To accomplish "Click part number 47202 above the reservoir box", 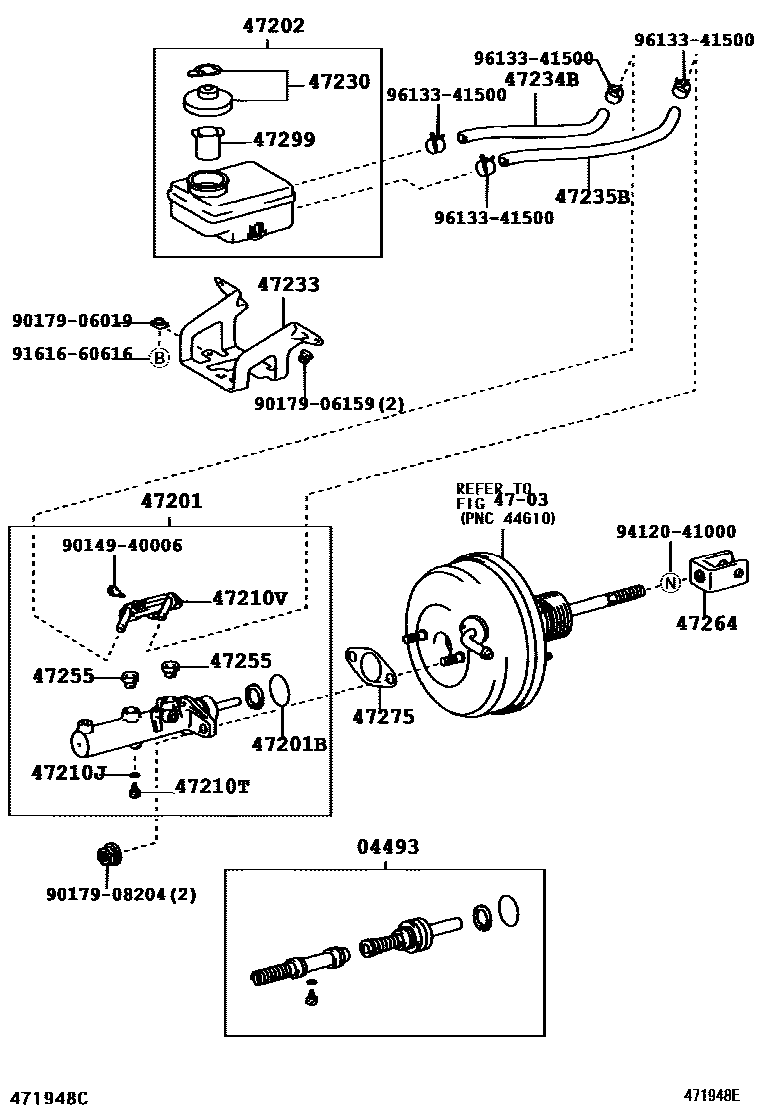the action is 274,26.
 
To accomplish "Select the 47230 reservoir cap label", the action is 339,82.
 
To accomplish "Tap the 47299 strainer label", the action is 284,139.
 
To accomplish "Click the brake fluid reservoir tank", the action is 230,201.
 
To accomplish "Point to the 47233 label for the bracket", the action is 289,284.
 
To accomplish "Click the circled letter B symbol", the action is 160,358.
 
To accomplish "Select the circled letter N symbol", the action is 671,583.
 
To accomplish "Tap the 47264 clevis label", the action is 706,623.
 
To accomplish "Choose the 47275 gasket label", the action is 384,717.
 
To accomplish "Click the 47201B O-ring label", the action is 289,744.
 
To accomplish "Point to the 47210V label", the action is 250,598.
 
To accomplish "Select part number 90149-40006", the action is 122,545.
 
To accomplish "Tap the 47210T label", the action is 212,786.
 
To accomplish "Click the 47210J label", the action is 68,772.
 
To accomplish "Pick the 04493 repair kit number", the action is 388,846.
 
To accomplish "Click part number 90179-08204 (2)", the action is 121,895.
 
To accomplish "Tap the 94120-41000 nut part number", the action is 676,531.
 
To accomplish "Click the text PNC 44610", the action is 508,518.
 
